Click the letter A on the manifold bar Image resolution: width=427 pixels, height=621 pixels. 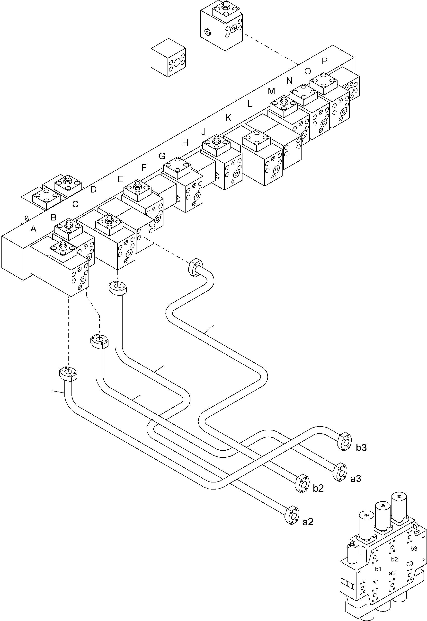pyautogui.click(x=33, y=229)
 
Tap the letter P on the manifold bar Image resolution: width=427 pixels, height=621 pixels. pyautogui.click(x=325, y=61)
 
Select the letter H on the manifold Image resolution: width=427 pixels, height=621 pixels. pyautogui.click(x=185, y=142)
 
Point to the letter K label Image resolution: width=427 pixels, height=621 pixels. pyautogui.click(x=228, y=118)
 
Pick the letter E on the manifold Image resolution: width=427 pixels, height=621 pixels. pyautogui.click(x=120, y=179)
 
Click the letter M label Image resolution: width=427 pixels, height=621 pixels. pyautogui.click(x=271, y=91)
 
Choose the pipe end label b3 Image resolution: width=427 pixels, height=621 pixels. pyautogui.click(x=361, y=448)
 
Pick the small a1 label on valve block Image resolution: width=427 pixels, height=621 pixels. pyautogui.click(x=376, y=582)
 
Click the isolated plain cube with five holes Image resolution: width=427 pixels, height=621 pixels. pyautogui.click(x=168, y=58)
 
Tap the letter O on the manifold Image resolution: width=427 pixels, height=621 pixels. pyautogui.click(x=308, y=71)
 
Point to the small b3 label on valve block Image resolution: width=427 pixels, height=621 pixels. pyautogui.click(x=414, y=549)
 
